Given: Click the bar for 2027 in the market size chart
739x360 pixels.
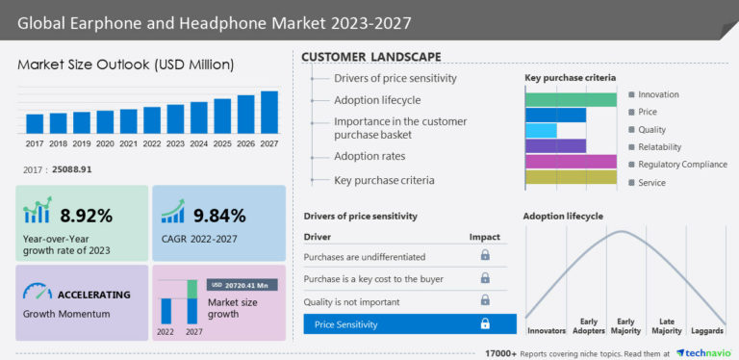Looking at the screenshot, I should pos(269,112).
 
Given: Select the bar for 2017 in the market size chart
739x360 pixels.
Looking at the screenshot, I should pos(35,123).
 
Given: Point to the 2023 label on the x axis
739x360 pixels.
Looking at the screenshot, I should pos(175,143).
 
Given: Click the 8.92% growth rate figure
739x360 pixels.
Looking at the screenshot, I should pos(86,215).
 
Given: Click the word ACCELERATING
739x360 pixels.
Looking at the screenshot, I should pos(94,296).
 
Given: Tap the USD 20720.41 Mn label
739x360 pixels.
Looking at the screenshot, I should pos(243,285).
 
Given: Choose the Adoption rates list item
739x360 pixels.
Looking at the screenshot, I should pos(369,156).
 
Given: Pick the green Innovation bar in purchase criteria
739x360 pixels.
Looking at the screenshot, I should pos(571,99).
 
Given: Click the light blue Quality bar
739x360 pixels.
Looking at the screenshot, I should pos(541,130).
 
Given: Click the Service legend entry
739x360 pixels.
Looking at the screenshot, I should pos(652,182).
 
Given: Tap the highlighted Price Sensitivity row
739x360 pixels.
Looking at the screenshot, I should pos(410,324).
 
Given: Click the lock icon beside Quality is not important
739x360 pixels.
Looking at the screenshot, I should pos(485,301).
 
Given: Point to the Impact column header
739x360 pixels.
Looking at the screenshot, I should pos(484,236).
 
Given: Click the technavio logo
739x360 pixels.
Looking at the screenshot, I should pos(705,352).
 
